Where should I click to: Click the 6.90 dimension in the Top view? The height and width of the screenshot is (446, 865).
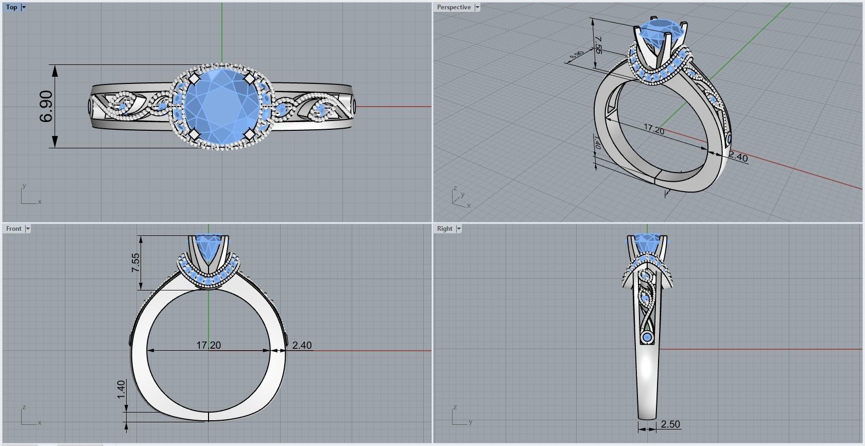click(x=46, y=107)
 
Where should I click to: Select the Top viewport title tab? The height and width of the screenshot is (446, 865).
click(x=11, y=7)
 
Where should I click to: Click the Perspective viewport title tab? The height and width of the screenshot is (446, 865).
click(x=453, y=7)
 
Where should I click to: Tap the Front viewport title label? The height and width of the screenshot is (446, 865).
click(x=14, y=229)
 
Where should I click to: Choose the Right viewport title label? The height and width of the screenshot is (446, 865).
click(x=444, y=229)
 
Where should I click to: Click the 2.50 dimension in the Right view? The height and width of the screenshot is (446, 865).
click(x=670, y=424)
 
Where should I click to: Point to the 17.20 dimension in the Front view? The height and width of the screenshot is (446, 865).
click(x=209, y=345)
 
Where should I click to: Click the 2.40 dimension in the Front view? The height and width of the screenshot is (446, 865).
click(x=302, y=346)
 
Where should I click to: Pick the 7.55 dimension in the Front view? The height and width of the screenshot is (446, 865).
click(x=135, y=263)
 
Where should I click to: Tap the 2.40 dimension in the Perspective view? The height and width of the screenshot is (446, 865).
click(x=738, y=157)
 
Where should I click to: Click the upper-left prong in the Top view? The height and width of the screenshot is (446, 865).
click(x=194, y=79)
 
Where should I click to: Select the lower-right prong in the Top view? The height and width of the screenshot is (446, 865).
click(x=248, y=134)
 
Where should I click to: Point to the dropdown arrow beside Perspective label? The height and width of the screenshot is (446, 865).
click(x=477, y=7)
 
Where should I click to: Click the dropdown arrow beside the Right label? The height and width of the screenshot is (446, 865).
click(x=458, y=229)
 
